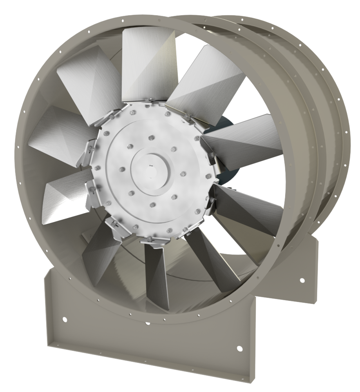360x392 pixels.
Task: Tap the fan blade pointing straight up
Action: [147, 63]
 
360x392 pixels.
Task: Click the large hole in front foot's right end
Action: [239, 348]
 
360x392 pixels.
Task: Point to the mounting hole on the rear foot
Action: [302, 280]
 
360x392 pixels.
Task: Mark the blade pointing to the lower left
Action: [67, 196]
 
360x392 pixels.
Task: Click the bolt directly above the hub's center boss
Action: [151, 138]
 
